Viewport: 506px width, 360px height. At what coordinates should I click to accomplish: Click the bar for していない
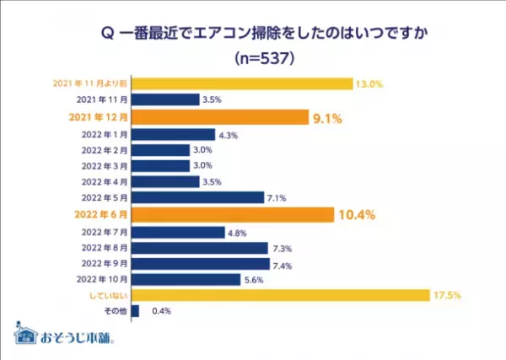pos(279,295)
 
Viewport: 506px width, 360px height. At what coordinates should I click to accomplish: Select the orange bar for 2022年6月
pos(233,214)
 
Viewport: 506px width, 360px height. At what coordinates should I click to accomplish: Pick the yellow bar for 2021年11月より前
pos(242,83)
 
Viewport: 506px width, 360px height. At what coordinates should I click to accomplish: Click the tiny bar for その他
pos(135,311)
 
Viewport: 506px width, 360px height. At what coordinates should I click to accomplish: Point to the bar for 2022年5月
pos(198,198)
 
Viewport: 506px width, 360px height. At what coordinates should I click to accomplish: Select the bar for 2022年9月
pos(201,263)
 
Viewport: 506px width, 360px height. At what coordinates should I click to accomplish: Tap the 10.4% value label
pos(357,215)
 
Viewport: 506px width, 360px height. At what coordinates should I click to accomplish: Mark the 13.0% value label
pos(369,83)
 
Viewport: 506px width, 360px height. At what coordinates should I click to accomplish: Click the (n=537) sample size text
pos(253,60)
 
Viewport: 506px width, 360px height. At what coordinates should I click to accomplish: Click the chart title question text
pos(253,35)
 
